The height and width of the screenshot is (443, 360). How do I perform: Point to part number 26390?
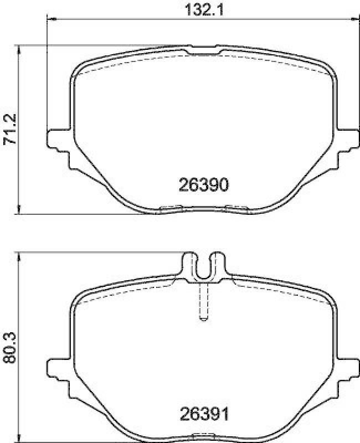(203, 184)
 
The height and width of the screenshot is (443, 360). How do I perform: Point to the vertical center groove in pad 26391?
(203, 302)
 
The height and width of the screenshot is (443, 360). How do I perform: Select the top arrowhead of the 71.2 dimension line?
(20, 49)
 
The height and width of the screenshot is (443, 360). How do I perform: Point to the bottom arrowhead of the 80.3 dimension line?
(20, 437)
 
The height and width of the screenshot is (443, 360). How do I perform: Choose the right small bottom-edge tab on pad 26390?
(236, 208)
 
